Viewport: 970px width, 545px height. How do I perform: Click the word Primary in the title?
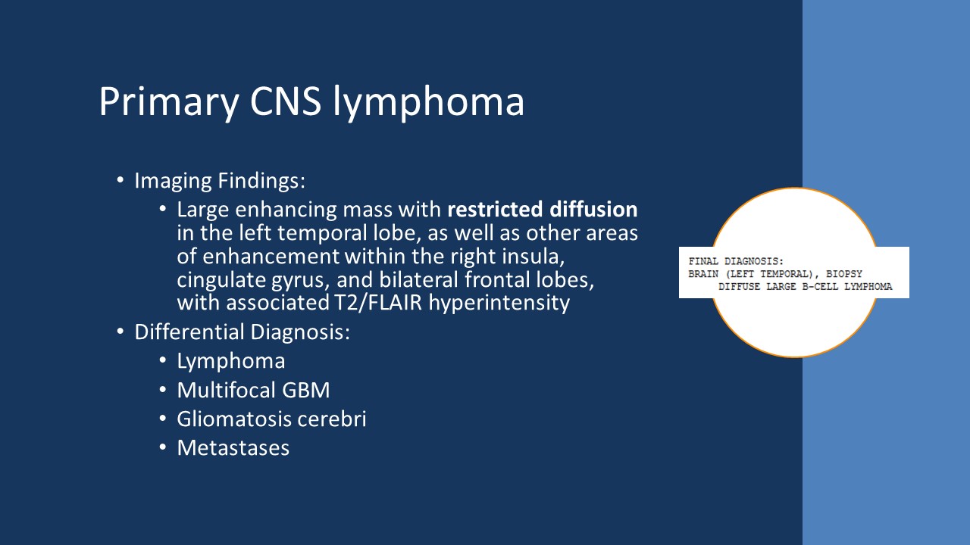[161, 102]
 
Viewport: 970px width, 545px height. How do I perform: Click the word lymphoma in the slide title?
[429, 102]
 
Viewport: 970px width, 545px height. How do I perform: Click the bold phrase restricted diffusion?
[543, 210]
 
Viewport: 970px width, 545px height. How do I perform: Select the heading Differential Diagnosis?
[242, 332]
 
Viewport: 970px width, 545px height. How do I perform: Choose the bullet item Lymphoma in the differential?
[231, 361]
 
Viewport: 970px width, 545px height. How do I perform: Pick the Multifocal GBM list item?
[253, 390]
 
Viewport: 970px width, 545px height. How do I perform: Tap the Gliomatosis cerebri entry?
[271, 419]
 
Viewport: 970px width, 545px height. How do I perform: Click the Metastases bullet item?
[233, 447]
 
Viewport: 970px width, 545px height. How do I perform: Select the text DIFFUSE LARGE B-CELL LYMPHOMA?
[806, 287]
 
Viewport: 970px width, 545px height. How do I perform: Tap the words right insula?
[549, 256]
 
